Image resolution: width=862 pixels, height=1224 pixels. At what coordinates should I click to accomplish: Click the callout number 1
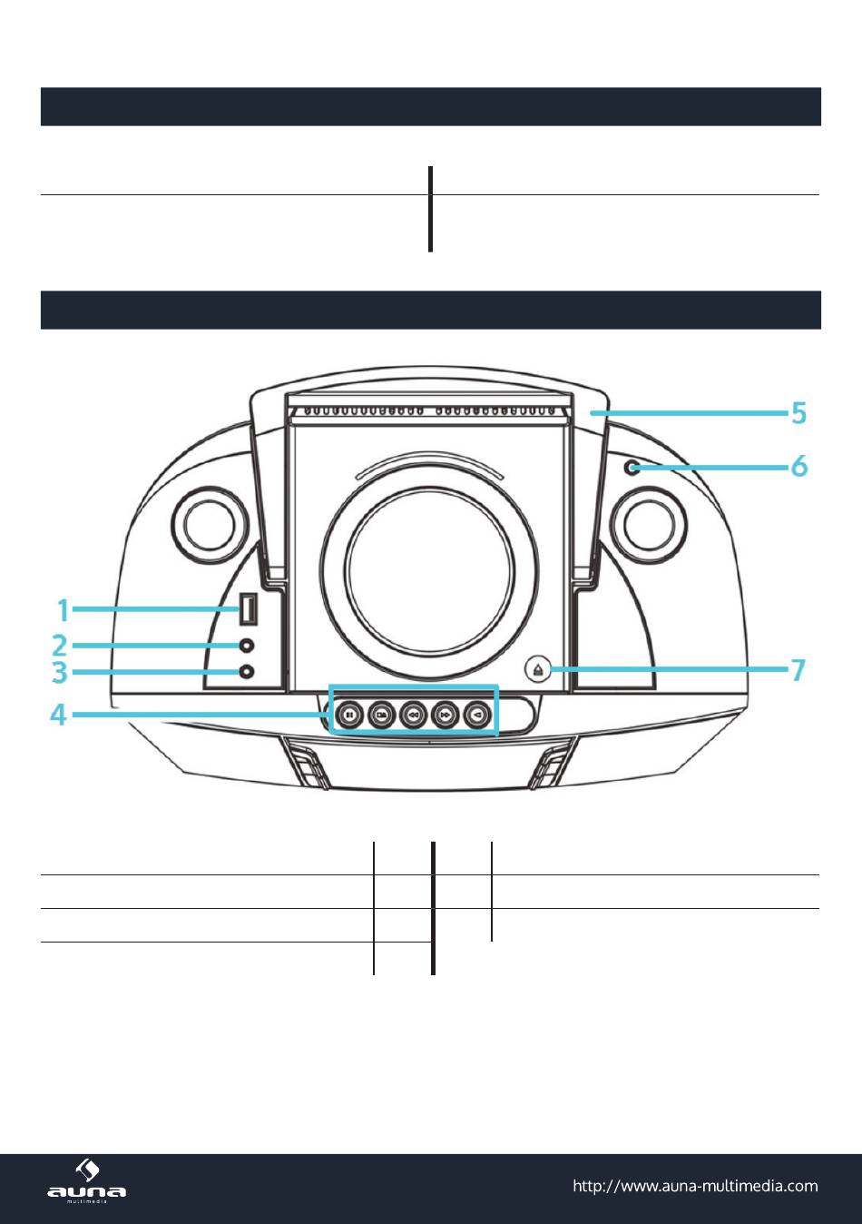coord(64,609)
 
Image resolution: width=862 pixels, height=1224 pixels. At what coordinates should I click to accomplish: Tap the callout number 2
coord(60,646)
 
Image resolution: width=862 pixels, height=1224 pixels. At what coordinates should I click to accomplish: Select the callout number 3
coord(60,673)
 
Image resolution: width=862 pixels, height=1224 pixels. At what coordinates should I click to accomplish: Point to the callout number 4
coord(58,716)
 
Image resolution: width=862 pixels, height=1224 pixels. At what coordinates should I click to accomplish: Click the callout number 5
coord(798,413)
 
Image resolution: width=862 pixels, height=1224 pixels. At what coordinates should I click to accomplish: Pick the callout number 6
coord(798,466)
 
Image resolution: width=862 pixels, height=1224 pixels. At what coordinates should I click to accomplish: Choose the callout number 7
coord(798,670)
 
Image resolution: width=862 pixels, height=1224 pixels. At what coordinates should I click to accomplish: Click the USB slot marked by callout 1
coord(246,609)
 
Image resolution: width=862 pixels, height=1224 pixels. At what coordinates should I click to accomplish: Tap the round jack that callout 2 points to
coord(247,646)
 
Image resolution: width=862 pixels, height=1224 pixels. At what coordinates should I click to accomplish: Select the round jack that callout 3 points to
coord(247,672)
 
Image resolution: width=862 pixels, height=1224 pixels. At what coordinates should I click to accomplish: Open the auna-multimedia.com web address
coord(695,1186)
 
